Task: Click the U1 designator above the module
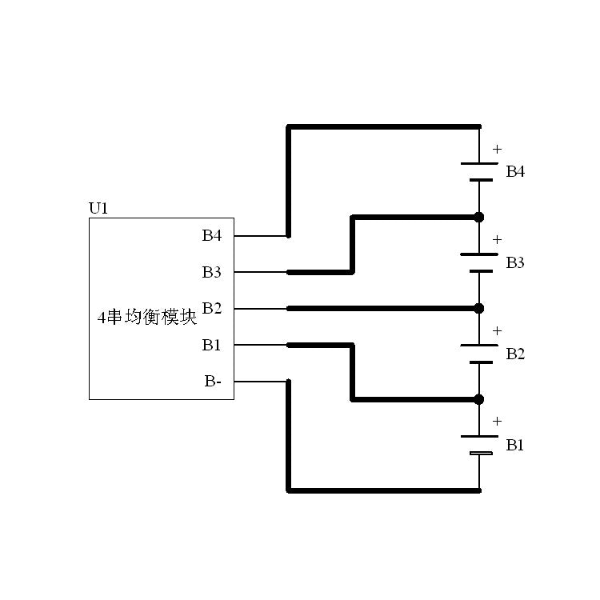[98, 209]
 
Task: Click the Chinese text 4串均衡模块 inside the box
[146, 318]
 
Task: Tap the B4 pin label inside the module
[211, 236]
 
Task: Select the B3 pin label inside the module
[211, 273]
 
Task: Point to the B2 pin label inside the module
[211, 308]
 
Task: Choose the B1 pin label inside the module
[211, 345]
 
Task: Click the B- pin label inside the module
[213, 382]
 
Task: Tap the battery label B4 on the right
[515, 172]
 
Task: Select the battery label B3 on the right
[515, 263]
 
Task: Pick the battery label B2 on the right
[515, 354]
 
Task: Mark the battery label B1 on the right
[515, 445]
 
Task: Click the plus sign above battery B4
[497, 149]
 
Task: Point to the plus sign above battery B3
[497, 239]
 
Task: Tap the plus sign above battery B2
[497, 330]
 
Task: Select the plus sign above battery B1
[497, 421]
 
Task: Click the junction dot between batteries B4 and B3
[479, 217]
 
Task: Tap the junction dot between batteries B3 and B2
[479, 308]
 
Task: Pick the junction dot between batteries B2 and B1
[479, 399]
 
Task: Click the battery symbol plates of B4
[479, 172]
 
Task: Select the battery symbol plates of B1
[479, 446]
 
